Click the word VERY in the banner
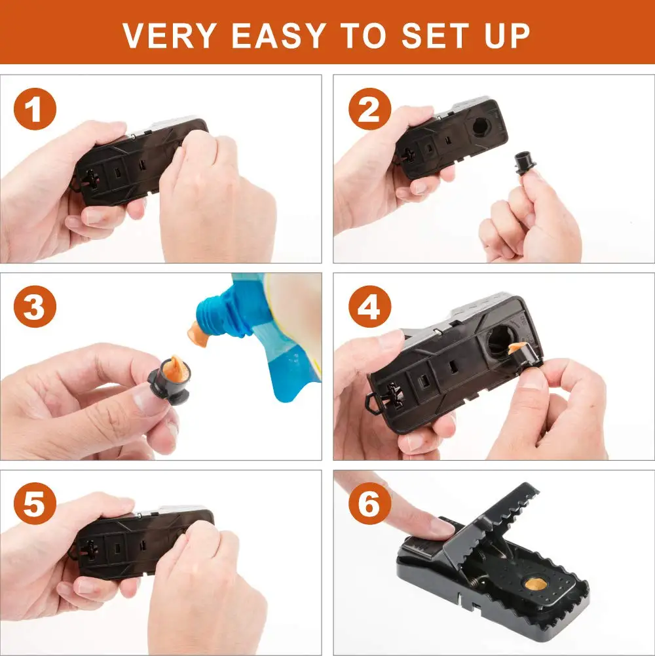pos(170,35)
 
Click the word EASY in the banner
pos(278,35)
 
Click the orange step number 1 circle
pos(35,109)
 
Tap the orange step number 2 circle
pos(369,109)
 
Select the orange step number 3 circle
pos(35,307)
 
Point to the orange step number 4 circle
pos(369,307)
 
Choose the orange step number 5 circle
pos(35,503)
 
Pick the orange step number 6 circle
pos(369,503)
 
